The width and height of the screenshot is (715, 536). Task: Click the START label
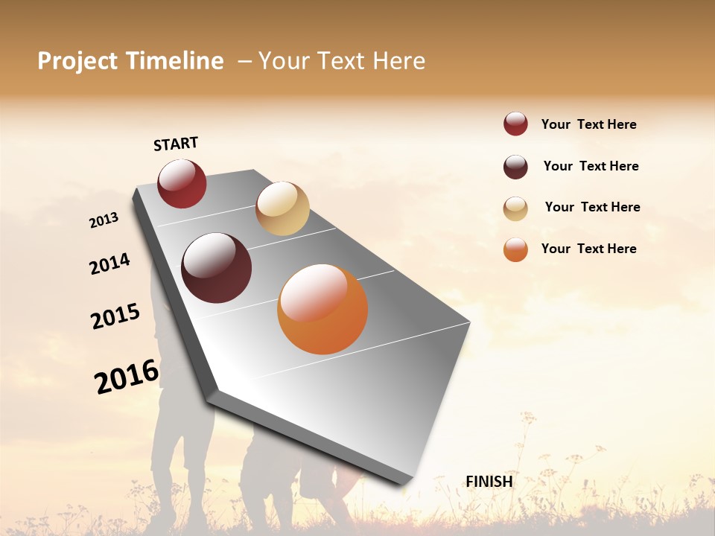coord(176,144)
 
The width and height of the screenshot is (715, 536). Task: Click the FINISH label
coord(489,482)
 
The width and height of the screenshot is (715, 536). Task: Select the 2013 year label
coord(104,220)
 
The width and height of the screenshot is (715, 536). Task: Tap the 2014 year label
coord(110,264)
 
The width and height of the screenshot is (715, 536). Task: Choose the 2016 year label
coord(127,376)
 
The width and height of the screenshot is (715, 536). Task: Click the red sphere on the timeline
coord(182,183)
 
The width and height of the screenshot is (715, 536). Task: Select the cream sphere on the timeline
coord(282,208)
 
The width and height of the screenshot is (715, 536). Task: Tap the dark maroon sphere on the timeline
coord(217,268)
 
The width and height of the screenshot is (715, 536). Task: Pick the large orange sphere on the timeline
coord(322,309)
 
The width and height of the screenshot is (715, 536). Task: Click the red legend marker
coord(515,124)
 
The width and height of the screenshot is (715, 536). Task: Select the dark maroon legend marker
coord(515,167)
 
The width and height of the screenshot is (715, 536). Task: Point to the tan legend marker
coord(515,208)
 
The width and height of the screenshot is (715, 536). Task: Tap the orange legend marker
coord(515,249)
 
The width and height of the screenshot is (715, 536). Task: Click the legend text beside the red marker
coord(588,124)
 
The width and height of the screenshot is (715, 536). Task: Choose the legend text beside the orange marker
coord(588,249)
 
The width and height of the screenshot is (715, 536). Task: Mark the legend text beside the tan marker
coord(592,207)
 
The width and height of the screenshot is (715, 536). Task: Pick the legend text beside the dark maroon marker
coord(591,166)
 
